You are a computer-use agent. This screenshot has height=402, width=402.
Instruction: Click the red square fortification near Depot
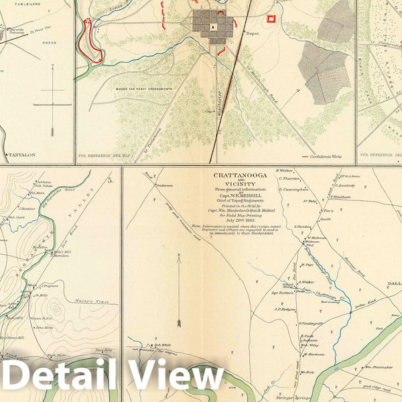pyautogui.click(x=271, y=19)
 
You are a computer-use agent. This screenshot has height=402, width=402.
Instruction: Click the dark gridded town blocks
pyautogui.click(x=212, y=26)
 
